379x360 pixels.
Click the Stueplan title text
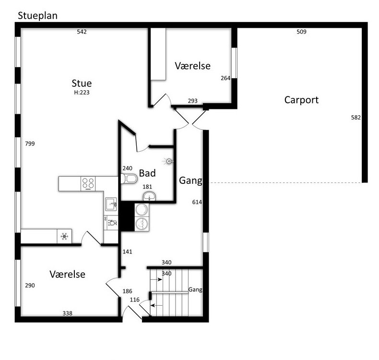click(38, 16)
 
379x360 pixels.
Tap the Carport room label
click(301, 100)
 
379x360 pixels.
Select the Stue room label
click(82, 83)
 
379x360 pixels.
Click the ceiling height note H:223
click(82, 92)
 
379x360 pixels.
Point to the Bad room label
click(147, 173)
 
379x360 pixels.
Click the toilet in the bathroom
click(129, 179)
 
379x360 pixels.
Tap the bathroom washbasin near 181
click(149, 196)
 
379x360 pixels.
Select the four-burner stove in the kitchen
click(88, 183)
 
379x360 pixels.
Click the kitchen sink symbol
click(111, 204)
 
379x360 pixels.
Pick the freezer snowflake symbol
click(64, 236)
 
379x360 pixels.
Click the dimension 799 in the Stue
click(30, 144)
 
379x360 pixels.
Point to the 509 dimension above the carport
click(301, 32)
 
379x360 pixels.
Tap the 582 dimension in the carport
click(356, 118)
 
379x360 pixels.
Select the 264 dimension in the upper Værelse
click(225, 78)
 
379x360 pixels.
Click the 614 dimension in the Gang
click(197, 202)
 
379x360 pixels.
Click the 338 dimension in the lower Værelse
click(68, 313)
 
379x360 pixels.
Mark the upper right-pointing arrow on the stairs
click(156, 279)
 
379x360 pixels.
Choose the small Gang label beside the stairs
click(195, 289)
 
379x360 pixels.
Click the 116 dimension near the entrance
click(135, 300)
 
